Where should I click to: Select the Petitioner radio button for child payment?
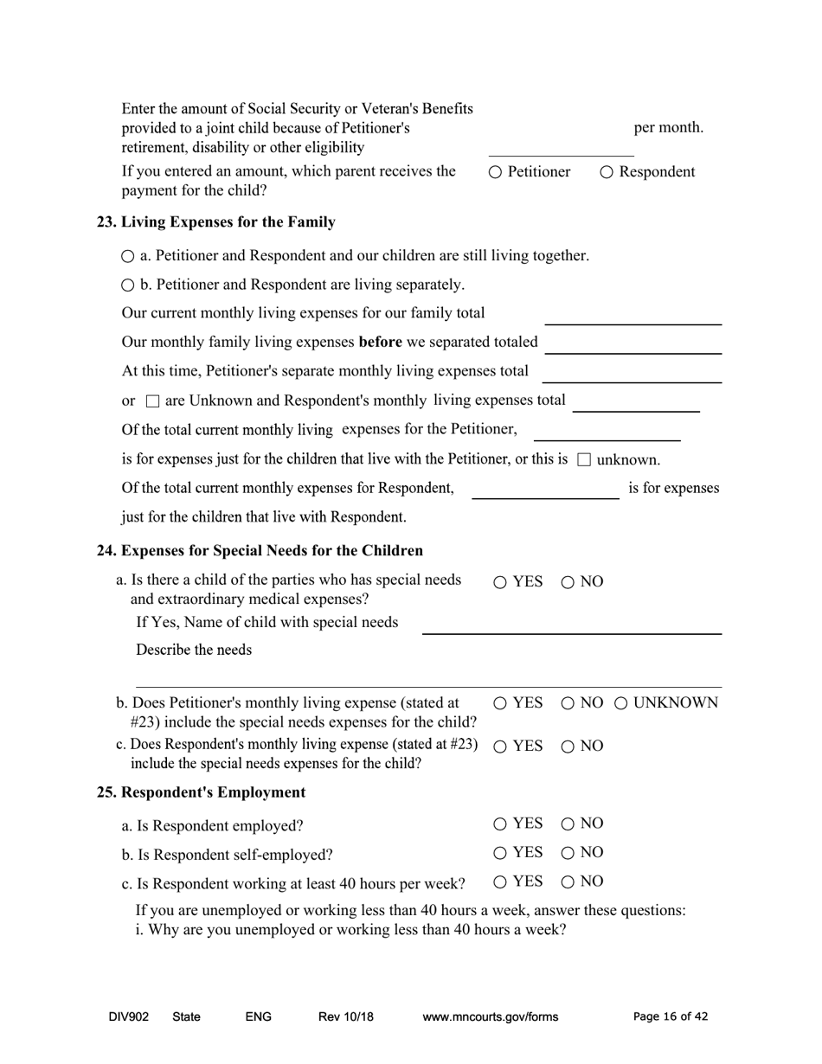click(495, 172)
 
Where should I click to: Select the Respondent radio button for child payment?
click(607, 172)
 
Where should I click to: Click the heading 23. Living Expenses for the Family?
click(215, 222)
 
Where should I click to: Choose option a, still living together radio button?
click(128, 256)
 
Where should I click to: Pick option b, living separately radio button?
click(128, 285)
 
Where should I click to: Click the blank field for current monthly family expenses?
click(633, 315)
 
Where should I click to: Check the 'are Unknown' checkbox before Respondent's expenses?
click(152, 401)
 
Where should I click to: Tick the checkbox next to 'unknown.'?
click(584, 459)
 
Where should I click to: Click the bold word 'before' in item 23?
click(380, 342)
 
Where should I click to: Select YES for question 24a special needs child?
click(501, 582)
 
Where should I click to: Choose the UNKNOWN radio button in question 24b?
click(621, 703)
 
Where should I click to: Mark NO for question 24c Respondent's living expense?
click(568, 747)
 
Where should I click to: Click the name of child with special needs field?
click(571, 624)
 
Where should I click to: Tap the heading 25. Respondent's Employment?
click(201, 792)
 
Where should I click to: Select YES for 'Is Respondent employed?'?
click(501, 824)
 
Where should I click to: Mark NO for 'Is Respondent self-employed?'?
click(568, 853)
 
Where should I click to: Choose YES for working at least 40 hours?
click(501, 882)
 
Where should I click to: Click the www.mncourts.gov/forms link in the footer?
click(490, 1017)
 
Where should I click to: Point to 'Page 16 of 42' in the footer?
click(671, 1017)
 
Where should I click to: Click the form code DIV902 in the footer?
click(129, 1017)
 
